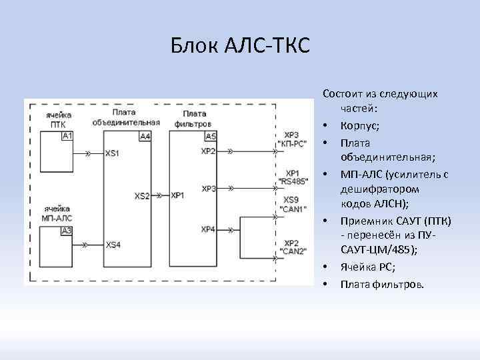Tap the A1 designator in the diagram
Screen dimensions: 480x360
pyautogui.click(x=67, y=136)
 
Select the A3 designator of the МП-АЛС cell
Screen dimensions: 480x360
pyautogui.click(x=67, y=231)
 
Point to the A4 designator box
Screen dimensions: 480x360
pyautogui.click(x=145, y=136)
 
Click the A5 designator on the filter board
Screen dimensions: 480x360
pyautogui.click(x=211, y=136)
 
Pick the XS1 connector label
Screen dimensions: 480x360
pyautogui.click(x=112, y=153)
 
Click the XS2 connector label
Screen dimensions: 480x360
pyautogui.click(x=142, y=196)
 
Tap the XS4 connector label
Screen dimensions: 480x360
pyautogui.click(x=112, y=245)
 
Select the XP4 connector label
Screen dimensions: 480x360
pyautogui.click(x=208, y=229)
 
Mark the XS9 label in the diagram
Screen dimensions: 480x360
pyautogui.click(x=291, y=200)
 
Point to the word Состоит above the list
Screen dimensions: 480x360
pyautogui.click(x=343, y=95)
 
